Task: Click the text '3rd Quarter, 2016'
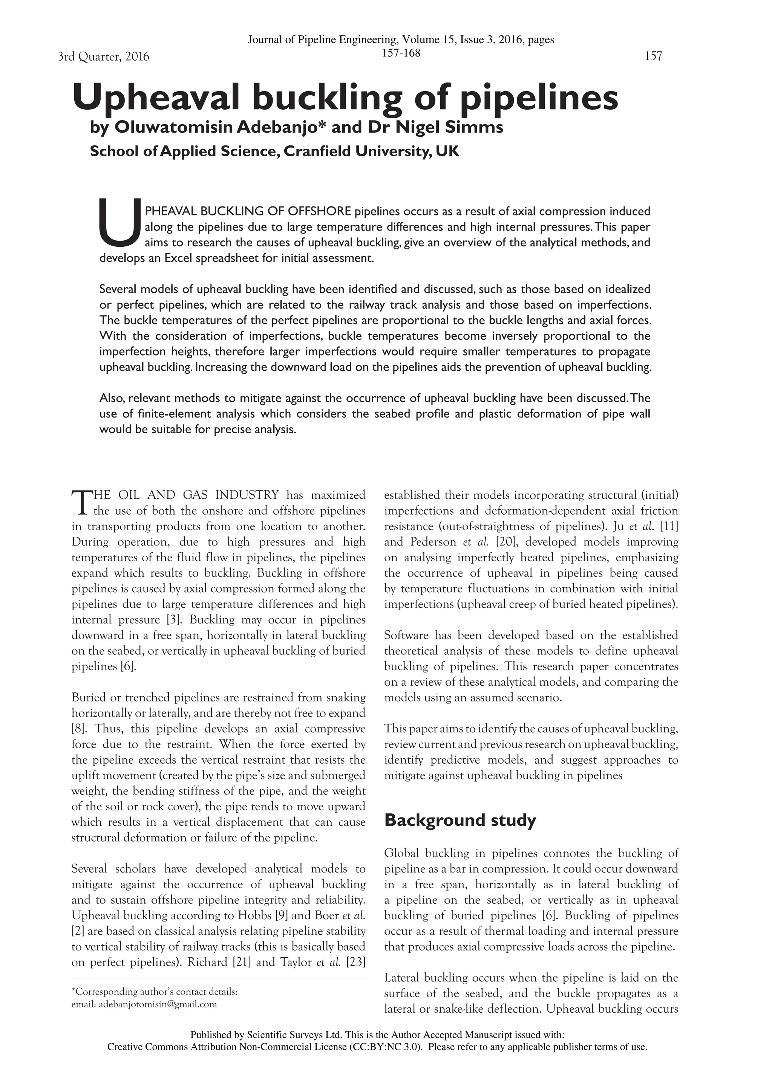103,57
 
